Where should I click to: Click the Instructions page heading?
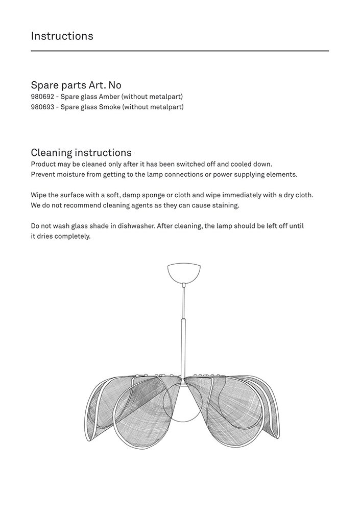[62, 36]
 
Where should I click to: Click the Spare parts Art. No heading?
[76, 85]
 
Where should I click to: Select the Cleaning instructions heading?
[81, 152]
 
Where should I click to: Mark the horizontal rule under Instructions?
[180, 51]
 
